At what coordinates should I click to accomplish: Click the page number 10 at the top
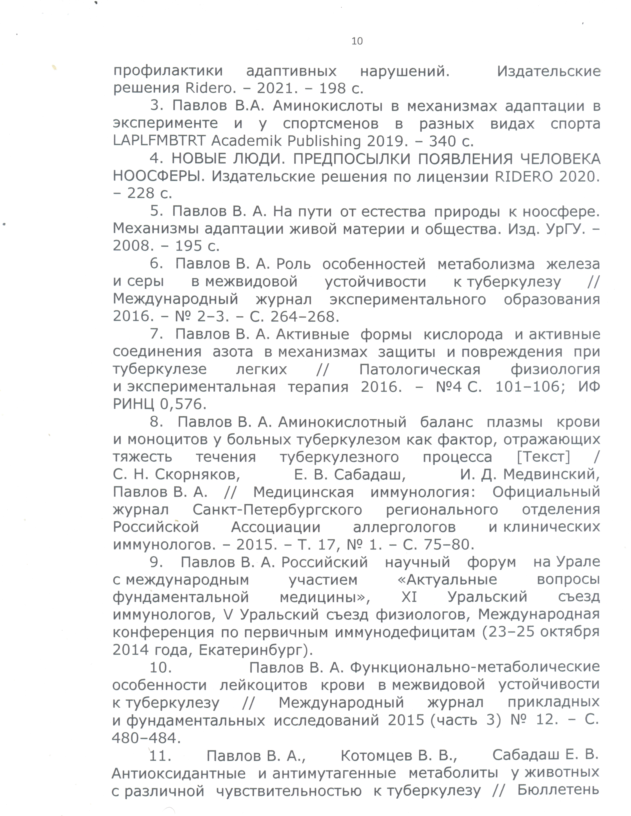357,41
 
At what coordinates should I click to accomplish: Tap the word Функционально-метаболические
475,667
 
